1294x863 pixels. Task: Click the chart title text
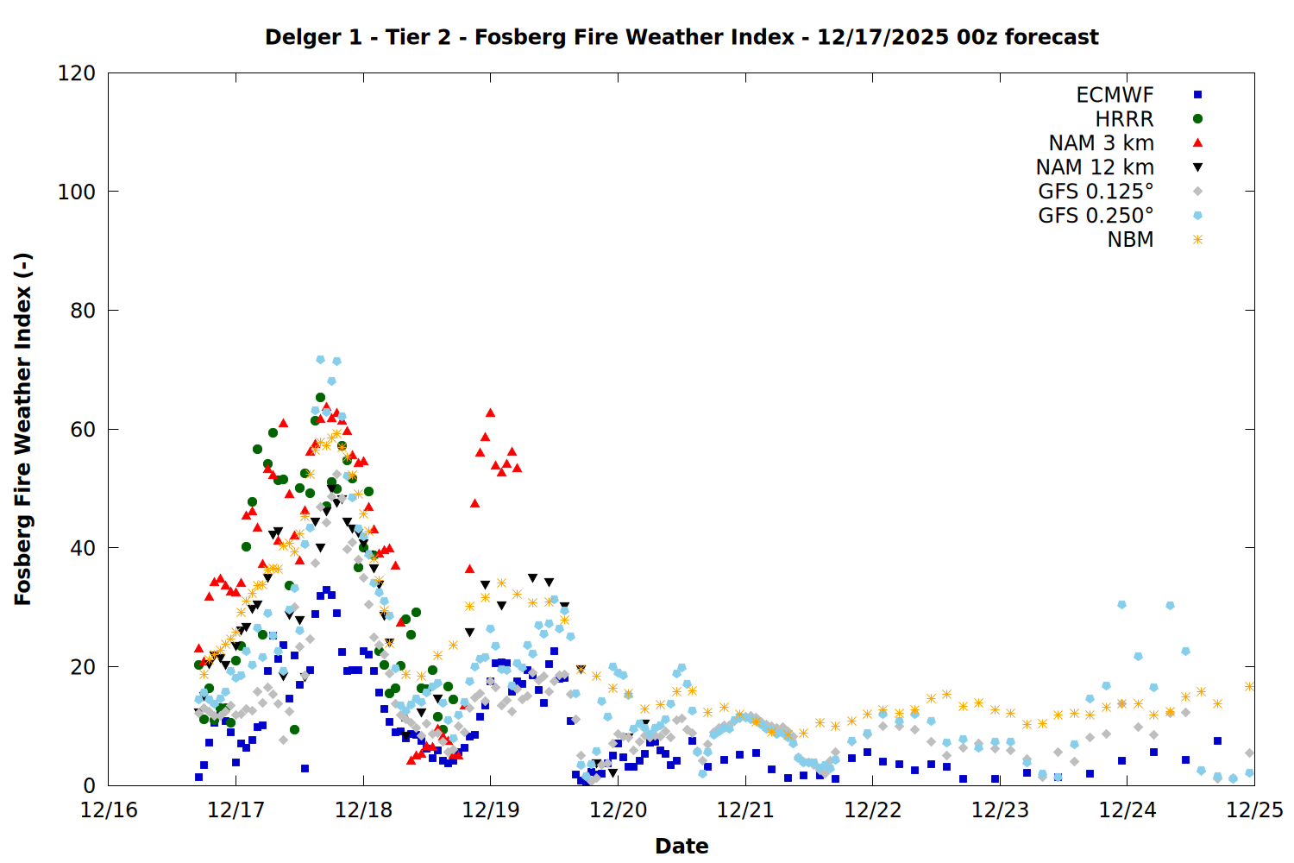coord(682,37)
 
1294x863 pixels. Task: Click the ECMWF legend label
coord(1115,95)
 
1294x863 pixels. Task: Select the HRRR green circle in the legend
coord(1197,119)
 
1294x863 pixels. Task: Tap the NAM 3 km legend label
coord(1101,143)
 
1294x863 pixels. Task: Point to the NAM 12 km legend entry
coord(1095,167)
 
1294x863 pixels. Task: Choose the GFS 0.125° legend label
coord(1096,192)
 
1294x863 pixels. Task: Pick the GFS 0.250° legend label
coord(1096,216)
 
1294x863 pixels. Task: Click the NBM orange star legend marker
coord(1197,240)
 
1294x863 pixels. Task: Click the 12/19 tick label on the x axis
coord(491,810)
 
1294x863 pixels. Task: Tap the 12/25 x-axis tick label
coord(1254,810)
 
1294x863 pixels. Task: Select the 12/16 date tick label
coord(109,810)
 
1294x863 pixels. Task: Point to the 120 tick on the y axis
coord(77,73)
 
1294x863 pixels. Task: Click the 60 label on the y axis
coord(83,430)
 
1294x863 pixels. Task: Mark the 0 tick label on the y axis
coord(89,786)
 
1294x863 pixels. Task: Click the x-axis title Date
coord(682,846)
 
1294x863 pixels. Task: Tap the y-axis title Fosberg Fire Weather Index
coord(23,429)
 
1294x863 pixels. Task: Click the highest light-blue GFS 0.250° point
coord(321,359)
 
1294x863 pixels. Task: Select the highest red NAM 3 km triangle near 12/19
coord(490,413)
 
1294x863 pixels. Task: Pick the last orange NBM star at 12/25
coord(1249,686)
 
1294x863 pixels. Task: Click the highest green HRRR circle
coord(320,398)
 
